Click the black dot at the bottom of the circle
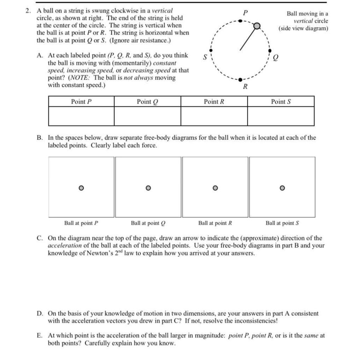(240, 80)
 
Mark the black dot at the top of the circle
(240, 21)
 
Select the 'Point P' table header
(81, 102)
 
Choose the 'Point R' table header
(214, 102)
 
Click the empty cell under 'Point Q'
(147, 116)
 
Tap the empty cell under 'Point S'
(281, 116)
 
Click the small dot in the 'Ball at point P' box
(81, 188)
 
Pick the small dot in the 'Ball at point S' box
(282, 188)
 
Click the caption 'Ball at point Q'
(148, 223)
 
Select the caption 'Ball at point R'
(215, 223)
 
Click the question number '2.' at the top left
(29, 11)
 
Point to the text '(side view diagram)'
(303, 28)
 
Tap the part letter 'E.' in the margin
(40, 336)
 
